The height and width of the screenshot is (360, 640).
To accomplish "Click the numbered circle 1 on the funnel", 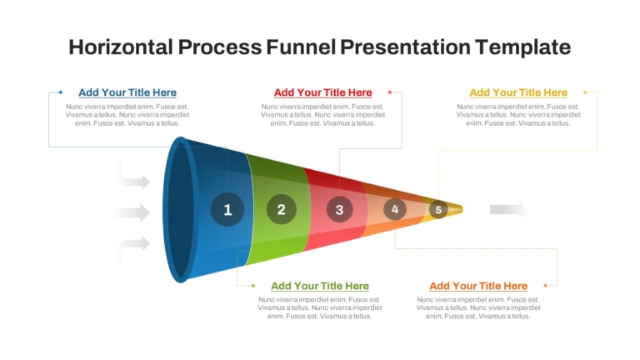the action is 227,209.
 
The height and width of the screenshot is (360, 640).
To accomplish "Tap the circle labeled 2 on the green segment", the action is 281,209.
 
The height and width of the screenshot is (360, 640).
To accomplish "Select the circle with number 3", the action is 340,209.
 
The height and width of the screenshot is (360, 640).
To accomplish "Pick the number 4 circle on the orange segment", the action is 395,209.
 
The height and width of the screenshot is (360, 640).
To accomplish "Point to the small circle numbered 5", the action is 438,210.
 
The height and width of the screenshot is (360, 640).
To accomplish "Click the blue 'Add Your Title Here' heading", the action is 127,92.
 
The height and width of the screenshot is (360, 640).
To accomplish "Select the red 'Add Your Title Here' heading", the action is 322,92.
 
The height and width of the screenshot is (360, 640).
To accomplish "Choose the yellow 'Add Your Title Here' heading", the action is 518,92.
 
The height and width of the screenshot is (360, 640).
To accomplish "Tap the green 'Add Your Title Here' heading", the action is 320,286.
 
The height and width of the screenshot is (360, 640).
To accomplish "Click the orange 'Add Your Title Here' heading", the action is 478,286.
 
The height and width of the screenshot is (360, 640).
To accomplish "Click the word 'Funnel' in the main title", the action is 301,47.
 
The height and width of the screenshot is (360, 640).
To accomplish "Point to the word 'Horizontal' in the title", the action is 121,47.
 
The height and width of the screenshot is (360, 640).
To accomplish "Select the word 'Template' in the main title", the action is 522,47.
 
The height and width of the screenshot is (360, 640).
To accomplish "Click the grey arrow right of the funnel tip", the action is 508,209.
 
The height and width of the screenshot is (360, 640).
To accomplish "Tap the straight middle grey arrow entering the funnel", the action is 132,212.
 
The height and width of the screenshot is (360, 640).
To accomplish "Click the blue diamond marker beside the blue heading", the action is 61,92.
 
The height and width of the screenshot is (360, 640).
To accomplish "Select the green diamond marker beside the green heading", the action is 253,286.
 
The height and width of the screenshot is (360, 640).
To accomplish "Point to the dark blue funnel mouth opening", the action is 180,210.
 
